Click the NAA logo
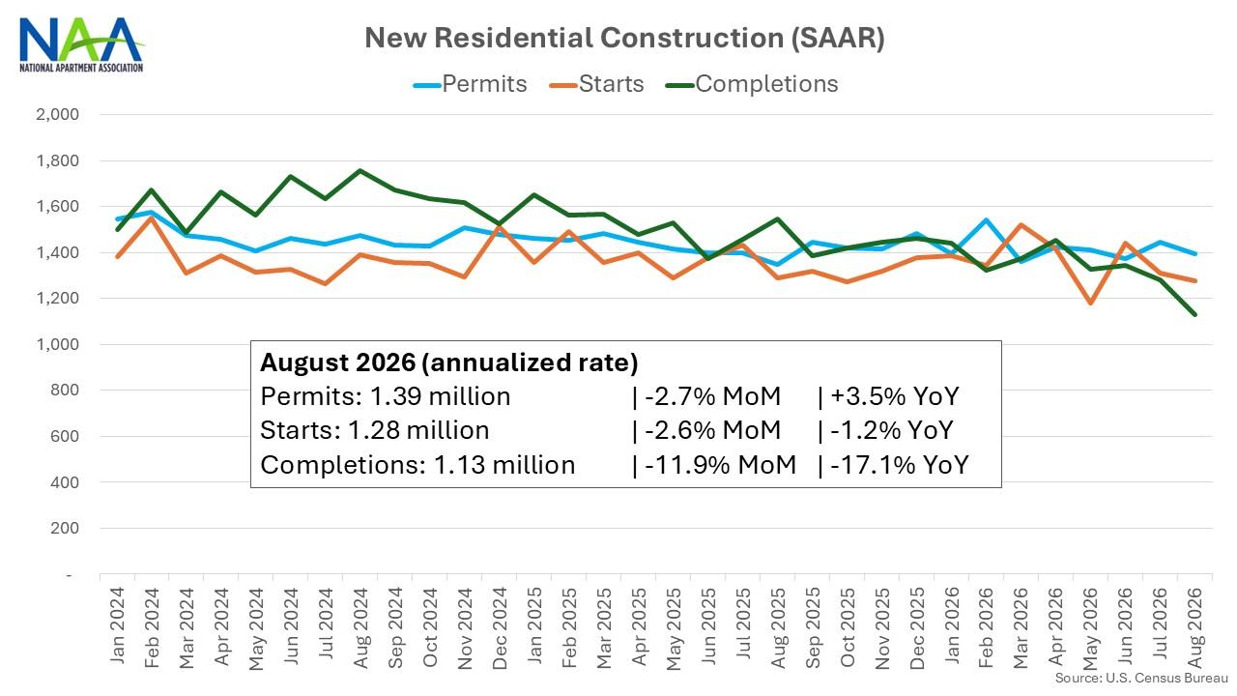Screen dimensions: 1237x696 pos(81,45)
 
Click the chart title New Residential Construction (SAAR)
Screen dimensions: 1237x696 pos(624,38)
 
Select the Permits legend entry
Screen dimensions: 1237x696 pos(471,84)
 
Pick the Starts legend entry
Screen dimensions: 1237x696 pos(597,84)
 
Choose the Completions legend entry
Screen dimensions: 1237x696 pos(752,84)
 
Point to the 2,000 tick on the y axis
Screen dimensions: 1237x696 pos(57,114)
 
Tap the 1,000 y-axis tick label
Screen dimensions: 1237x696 pos(57,344)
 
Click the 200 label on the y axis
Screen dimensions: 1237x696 pos(65,528)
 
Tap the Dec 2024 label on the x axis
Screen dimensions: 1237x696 pos(500,628)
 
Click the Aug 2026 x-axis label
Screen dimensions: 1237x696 pos(1194,628)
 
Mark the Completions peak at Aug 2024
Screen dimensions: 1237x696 pos(360,171)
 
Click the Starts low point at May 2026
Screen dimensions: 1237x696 pos(1090,304)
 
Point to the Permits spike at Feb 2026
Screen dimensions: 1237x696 pos(986,219)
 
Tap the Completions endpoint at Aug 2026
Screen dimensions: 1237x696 pos(1194,314)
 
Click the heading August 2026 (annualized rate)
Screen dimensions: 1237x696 pos(449,362)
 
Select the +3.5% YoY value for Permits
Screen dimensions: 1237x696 pos(895,396)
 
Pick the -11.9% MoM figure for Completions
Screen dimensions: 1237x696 pos(720,465)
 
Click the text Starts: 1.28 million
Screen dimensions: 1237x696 pos(374,430)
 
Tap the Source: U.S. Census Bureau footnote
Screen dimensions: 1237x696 pos(1141,679)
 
